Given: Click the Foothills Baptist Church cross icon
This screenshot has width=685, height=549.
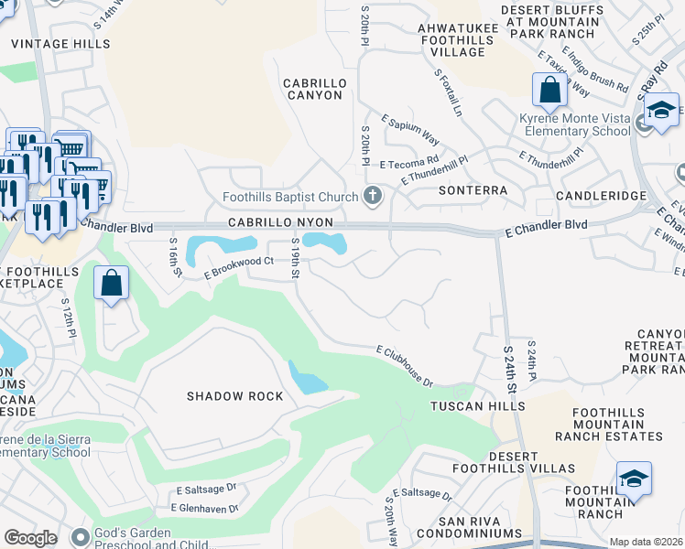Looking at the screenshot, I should [372, 194].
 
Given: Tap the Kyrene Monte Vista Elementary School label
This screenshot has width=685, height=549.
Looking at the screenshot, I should [575, 125].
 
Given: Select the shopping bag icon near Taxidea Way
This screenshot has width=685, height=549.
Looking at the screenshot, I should [549, 91].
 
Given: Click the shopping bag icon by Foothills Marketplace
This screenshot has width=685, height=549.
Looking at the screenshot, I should [111, 284].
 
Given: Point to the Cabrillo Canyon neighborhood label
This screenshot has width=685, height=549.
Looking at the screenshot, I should [312, 89].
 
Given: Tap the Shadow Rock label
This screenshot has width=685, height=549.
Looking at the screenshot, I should [234, 396].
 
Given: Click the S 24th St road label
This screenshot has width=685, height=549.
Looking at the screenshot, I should [510, 370].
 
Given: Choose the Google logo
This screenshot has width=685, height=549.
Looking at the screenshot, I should [30, 538].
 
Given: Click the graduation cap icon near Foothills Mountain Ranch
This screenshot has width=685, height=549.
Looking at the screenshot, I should [634, 479].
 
